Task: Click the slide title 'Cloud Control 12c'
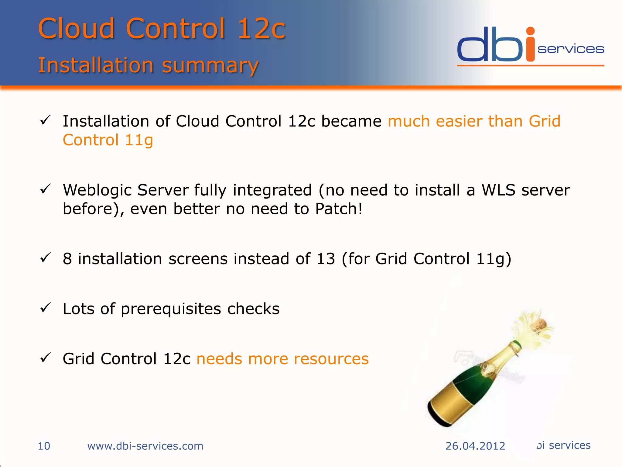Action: pos(162,29)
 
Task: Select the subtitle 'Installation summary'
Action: pos(148,65)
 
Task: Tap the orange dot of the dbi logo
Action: pos(530,31)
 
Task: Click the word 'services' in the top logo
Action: pos(571,49)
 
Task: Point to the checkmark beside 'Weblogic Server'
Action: pos(46,189)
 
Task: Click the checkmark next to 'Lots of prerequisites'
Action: pos(46,308)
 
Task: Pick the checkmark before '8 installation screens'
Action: pos(46,258)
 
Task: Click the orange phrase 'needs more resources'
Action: pos(282,359)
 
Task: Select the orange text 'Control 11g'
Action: pos(108,140)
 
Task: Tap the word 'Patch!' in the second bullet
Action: pos(339,209)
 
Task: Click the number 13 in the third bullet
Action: pos(325,259)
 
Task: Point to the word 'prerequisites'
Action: pos(171,309)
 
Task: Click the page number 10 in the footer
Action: pos(44,446)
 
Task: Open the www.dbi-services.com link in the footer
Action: pos(145,446)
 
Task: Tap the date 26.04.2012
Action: pos(475,446)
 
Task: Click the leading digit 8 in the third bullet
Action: pos(67,259)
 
